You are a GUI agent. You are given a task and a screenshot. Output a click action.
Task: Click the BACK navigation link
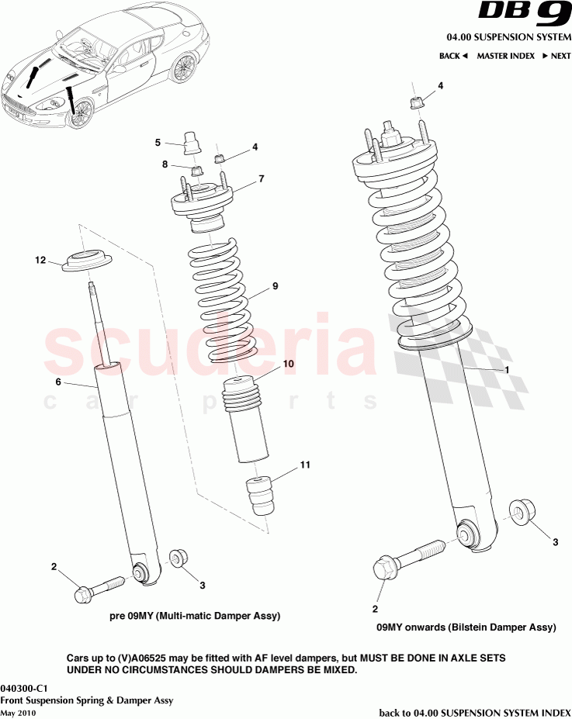click(x=453, y=56)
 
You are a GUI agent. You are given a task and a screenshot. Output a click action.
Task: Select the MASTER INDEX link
click(x=505, y=56)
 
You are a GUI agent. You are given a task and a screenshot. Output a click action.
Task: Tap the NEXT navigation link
click(x=556, y=56)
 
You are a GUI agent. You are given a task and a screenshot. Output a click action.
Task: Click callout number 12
click(x=40, y=261)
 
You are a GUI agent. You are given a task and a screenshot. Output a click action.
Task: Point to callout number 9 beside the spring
click(x=275, y=286)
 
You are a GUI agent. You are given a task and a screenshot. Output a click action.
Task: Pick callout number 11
click(x=305, y=465)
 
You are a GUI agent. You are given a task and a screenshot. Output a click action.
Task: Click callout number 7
click(x=262, y=178)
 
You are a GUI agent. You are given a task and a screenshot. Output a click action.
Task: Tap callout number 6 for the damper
click(x=57, y=382)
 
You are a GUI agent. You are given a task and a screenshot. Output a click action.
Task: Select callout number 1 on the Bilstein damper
click(x=507, y=370)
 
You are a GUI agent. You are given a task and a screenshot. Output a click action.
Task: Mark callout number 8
click(x=165, y=164)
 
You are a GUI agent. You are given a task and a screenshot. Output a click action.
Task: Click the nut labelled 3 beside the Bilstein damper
click(x=519, y=513)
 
